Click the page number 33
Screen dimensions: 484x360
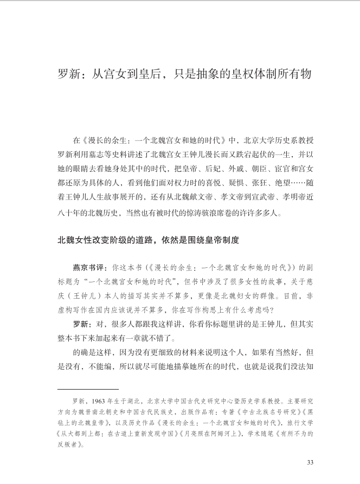[310, 462]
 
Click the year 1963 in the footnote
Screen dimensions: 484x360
[101, 402]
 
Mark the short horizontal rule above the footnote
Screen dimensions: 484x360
[87, 389]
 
